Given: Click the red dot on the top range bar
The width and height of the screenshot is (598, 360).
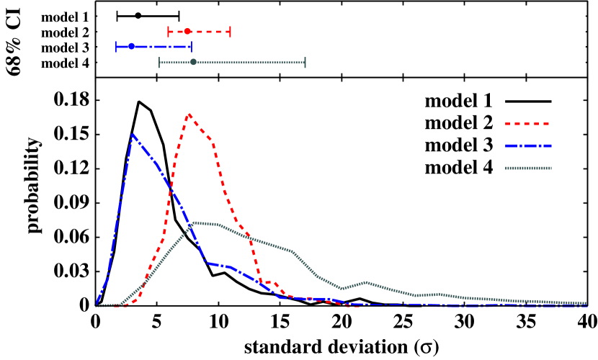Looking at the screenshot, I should click(187, 31).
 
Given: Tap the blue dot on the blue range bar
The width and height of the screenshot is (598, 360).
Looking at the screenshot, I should click(131, 47).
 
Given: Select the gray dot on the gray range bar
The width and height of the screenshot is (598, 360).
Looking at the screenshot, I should click(193, 63).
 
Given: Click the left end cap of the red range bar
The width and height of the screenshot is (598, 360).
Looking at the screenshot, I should click(169, 31).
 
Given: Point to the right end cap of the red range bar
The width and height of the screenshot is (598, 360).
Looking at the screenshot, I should click(230, 31).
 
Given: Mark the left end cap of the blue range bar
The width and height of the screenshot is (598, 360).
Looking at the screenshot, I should click(116, 47).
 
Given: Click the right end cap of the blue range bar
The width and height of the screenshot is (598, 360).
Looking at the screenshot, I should click(192, 47).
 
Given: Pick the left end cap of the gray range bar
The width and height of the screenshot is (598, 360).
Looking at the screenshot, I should click(159, 63).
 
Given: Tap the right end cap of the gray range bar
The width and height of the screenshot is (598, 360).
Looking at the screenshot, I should click(305, 63).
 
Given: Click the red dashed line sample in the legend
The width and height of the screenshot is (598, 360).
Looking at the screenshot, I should click(528, 124).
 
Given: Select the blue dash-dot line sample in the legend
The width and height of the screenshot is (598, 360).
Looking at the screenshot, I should click(528, 146).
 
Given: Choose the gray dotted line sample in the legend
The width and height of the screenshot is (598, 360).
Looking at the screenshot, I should click(528, 168).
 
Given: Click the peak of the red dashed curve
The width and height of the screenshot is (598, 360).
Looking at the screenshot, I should click(189, 114).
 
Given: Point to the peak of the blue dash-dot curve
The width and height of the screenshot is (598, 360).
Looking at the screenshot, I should click(133, 135).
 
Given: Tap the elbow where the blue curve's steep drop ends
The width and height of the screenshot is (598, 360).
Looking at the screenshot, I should click(207, 263).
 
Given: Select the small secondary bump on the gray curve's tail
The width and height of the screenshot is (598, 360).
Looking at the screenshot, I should click(366, 282).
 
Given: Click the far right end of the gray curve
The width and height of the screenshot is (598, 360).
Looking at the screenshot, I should click(586, 304).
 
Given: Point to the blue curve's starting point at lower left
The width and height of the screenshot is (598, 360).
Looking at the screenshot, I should click(96, 305).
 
